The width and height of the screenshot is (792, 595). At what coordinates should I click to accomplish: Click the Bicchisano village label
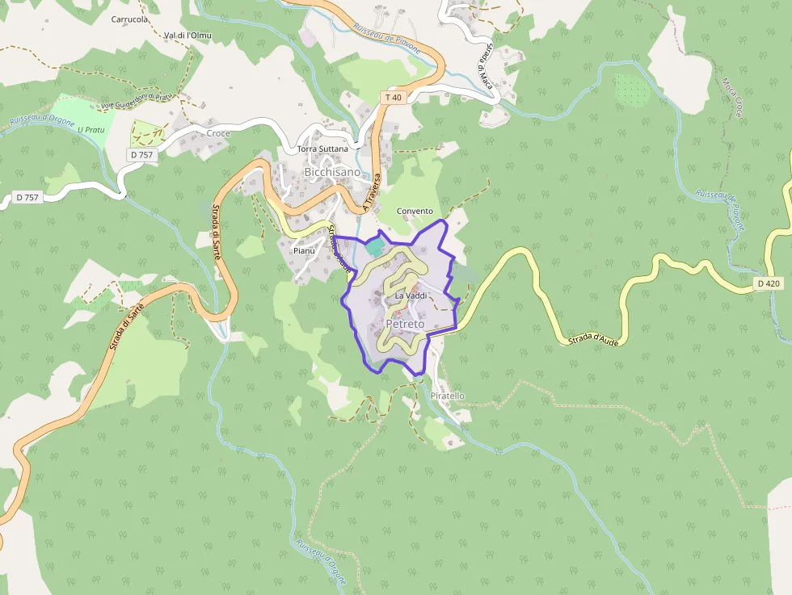[x=332, y=172]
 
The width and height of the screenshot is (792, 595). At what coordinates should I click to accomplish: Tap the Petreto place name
[x=405, y=324]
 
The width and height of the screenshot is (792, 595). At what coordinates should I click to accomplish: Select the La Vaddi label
[x=411, y=296]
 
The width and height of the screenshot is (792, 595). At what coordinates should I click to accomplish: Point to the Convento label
[x=415, y=212]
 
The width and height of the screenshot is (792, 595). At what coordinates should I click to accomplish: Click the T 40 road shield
[x=392, y=98]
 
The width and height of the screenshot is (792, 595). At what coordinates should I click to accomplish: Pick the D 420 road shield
[x=769, y=283]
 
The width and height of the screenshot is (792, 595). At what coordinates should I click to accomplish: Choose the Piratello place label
[x=448, y=396]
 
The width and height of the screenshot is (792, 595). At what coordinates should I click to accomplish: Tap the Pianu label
[x=304, y=251]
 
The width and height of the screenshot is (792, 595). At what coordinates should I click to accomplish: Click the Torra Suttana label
[x=322, y=149]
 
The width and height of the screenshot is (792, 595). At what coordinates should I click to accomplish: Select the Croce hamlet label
[x=218, y=133]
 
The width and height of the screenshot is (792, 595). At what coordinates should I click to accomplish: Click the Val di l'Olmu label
[x=187, y=36]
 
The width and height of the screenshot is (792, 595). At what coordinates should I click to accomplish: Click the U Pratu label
[x=91, y=128]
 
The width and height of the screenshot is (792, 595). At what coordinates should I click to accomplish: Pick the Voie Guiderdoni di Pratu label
[x=137, y=101]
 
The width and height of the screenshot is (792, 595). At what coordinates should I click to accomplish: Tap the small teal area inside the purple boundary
[x=376, y=245]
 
